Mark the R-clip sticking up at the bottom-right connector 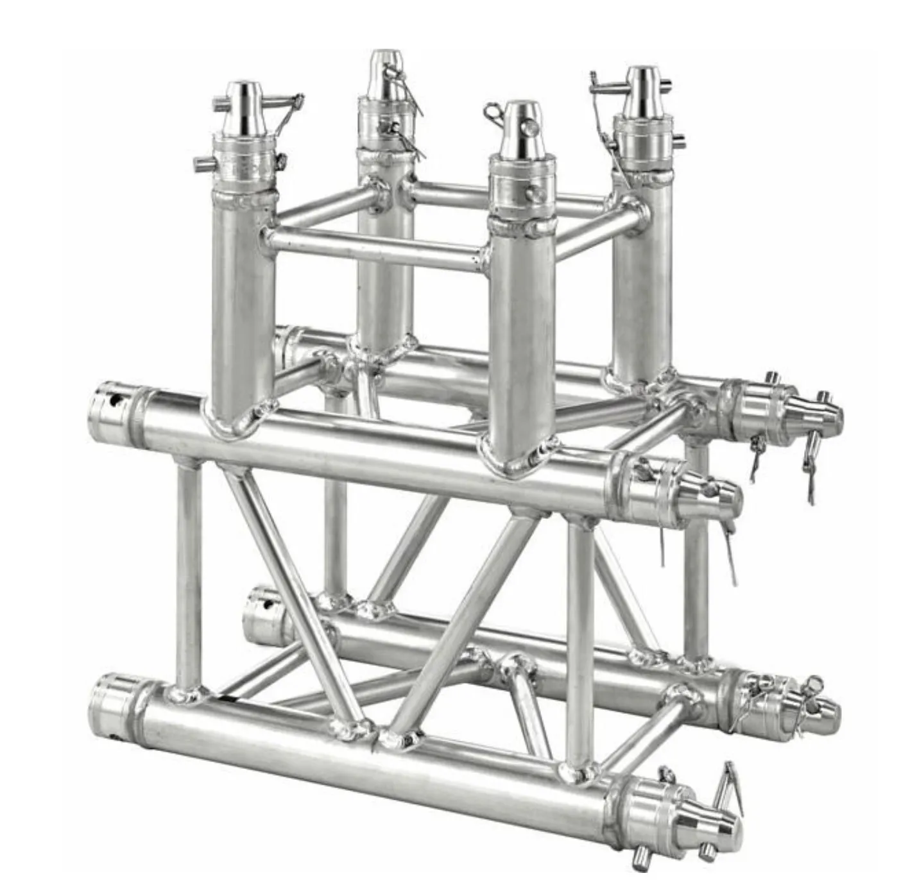click(x=731, y=781)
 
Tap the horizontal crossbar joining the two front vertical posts click(x=372, y=247)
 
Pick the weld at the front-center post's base click(x=513, y=459)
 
